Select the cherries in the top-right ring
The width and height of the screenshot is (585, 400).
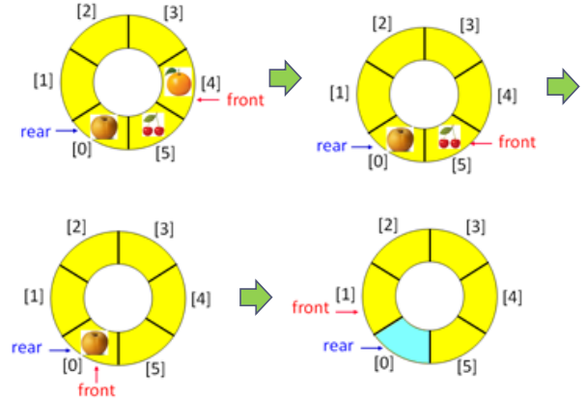pos(449,138)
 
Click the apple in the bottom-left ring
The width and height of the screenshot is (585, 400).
pos(95,342)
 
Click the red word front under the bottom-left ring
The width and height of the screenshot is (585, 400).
pos(97,389)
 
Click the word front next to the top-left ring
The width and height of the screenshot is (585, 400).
pos(244,99)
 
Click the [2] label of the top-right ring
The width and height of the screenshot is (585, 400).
pos(383,22)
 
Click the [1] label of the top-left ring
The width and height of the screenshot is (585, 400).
pos(42,79)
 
